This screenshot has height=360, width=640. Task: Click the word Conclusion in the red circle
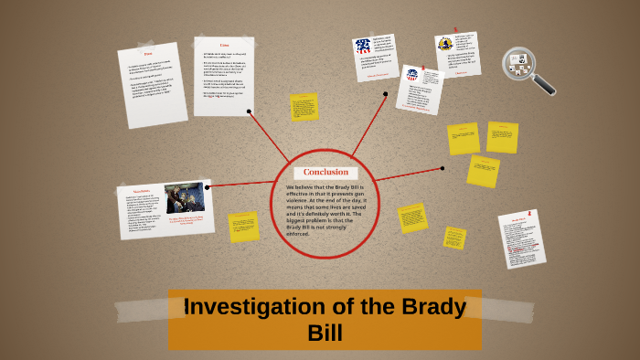[x=325, y=173]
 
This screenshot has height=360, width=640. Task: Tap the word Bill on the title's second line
[x=325, y=333]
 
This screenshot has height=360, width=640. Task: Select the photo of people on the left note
[x=185, y=198]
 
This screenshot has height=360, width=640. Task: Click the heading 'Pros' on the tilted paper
[x=148, y=55]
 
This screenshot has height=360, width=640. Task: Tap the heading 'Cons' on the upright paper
[x=224, y=45]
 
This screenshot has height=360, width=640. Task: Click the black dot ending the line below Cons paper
[x=249, y=111]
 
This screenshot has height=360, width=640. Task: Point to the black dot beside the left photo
[x=208, y=186]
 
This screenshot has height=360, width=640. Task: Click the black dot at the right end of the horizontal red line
[x=442, y=168]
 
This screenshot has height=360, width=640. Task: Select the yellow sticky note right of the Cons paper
[x=304, y=107]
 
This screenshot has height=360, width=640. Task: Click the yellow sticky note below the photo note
[x=243, y=226]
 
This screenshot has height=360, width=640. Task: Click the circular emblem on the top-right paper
[x=445, y=44]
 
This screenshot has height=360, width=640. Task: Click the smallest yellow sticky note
[x=454, y=238]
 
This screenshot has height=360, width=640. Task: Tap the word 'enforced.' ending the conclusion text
[x=298, y=234]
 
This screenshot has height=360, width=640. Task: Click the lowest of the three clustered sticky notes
[x=483, y=171]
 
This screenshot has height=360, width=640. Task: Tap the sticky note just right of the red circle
[x=412, y=217]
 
